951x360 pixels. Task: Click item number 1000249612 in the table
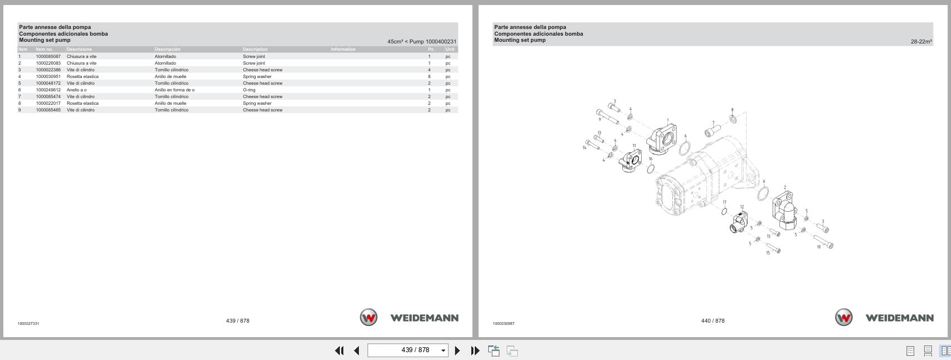click(48, 90)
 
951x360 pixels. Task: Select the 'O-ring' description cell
click(249, 90)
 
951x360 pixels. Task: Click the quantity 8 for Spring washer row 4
click(429, 76)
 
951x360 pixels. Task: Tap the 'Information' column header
click(343, 49)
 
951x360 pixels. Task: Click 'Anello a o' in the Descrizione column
click(76, 90)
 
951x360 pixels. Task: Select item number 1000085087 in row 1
click(48, 56)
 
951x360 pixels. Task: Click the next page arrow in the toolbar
click(457, 351)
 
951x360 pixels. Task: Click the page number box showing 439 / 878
click(407, 351)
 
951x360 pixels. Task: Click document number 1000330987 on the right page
click(503, 324)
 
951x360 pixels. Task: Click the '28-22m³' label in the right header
click(921, 42)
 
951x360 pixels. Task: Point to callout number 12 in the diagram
click(742, 207)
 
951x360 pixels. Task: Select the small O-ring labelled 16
click(650, 168)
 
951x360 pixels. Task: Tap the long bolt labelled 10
click(823, 241)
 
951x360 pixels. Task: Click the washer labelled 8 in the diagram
click(732, 119)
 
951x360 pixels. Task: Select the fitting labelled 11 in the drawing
click(632, 161)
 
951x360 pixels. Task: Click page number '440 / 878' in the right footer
click(713, 321)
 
